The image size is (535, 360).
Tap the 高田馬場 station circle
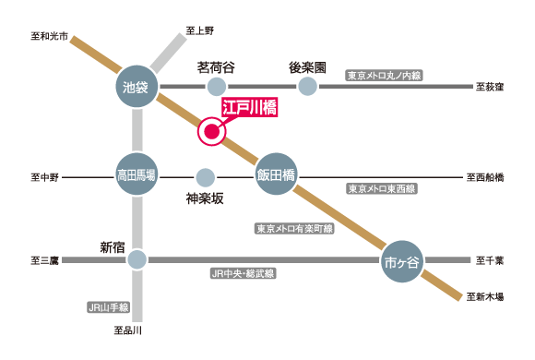(137, 175)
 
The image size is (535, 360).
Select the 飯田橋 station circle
(276, 175)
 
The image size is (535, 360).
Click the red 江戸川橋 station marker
(211, 132)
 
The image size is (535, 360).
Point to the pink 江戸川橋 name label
(250, 108)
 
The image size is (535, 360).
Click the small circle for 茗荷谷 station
(216, 88)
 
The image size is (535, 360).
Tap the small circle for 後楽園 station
(307, 88)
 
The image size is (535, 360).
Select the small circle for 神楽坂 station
(205, 176)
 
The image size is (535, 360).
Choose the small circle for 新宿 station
(137, 261)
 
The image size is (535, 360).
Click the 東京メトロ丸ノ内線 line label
(384, 75)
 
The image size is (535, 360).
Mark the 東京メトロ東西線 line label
(382, 188)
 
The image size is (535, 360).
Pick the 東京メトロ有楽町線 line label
(294, 227)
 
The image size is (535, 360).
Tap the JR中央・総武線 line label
(242, 274)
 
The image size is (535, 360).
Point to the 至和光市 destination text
(48, 37)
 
